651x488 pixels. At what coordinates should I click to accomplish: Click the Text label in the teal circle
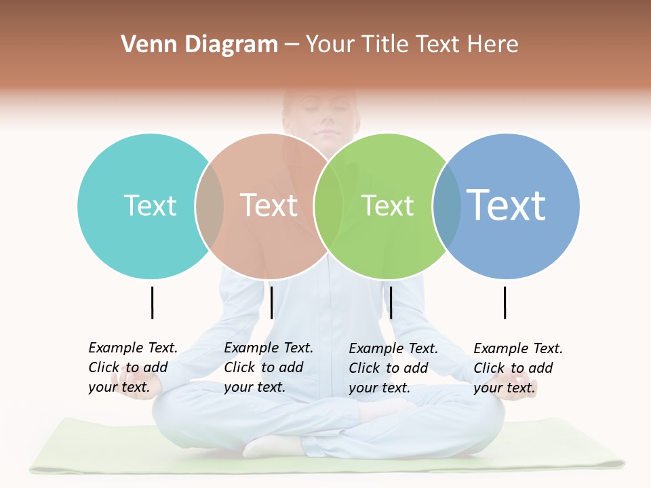150,205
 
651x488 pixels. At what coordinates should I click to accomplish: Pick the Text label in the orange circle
269,205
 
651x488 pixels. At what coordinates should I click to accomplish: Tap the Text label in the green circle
387,205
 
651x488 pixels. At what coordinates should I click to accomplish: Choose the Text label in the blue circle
507,205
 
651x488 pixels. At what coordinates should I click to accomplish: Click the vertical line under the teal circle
152,302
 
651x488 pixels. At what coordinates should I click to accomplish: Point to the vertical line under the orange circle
271,302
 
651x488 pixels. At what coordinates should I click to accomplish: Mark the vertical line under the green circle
391,302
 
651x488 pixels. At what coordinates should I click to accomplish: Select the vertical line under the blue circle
505,302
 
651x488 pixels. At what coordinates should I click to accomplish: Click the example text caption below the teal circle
133,367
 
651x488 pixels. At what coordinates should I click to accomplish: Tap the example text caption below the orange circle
269,367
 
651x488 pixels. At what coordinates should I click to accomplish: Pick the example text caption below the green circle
393,368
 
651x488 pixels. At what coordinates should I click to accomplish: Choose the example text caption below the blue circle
518,368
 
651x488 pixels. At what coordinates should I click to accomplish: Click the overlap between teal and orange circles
210,206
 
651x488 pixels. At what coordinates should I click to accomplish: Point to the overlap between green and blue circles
447,206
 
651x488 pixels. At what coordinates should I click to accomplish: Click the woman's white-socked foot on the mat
271,445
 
